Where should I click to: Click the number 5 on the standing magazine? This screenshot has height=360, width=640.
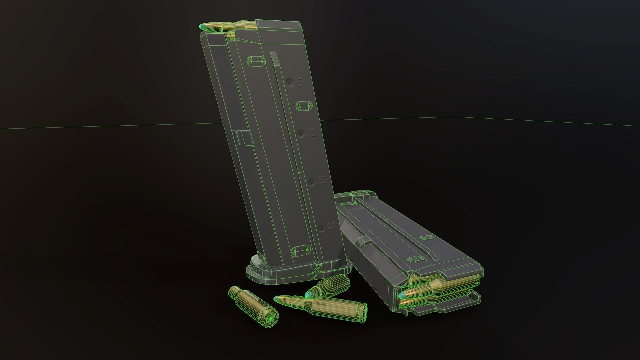[x=300, y=83]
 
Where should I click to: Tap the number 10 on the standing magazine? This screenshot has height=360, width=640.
[x=312, y=134]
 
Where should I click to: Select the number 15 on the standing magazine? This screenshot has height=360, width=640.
[x=322, y=182]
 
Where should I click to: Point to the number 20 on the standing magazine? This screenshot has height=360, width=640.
[x=332, y=227]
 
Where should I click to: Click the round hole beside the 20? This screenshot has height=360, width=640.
[x=322, y=229]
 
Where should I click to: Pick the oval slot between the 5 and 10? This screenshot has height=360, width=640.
[x=305, y=106]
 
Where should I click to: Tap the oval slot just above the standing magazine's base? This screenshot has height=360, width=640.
[x=301, y=251]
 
